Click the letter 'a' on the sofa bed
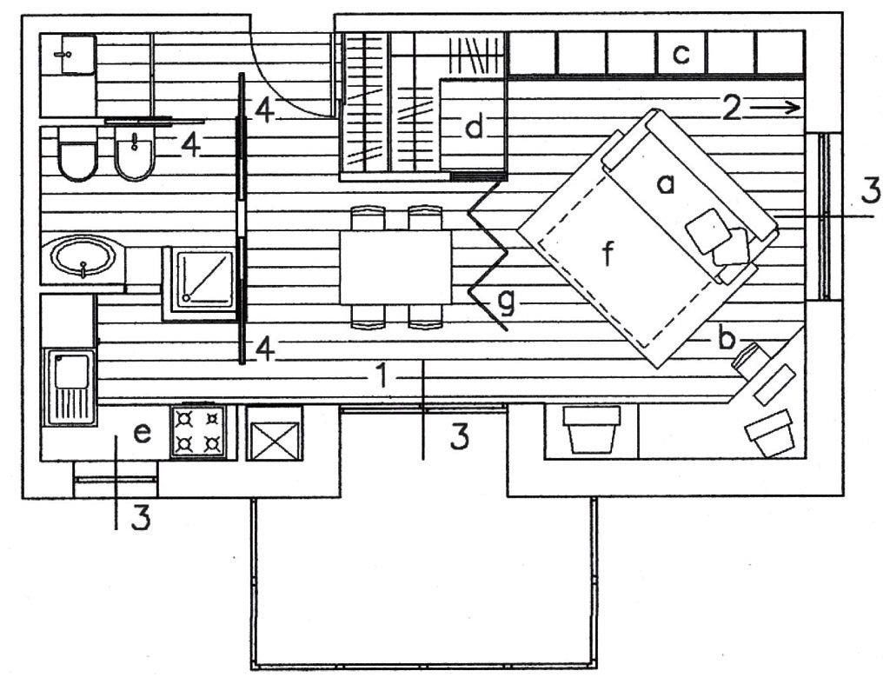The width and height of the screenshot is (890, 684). coord(665,184)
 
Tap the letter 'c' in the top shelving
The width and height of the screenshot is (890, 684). coord(681,54)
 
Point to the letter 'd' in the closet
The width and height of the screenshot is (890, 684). coord(475,126)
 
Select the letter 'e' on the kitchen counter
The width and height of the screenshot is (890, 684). coord(142,435)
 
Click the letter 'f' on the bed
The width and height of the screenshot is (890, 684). coord(608,253)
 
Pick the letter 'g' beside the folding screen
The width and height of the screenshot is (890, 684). coord(507,302)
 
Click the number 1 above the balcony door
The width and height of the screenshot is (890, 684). coord(382,375)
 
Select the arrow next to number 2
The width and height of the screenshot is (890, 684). coord(774,107)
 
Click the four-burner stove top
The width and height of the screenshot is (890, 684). coord(198,431)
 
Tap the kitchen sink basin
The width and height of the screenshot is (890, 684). coord(70,371)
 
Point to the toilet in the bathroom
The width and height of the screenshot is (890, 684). coord(77,153)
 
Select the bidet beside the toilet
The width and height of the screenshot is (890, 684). coord(135,153)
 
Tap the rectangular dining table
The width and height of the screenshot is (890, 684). coord(395,267)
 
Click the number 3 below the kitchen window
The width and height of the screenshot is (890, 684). coord(142,517)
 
